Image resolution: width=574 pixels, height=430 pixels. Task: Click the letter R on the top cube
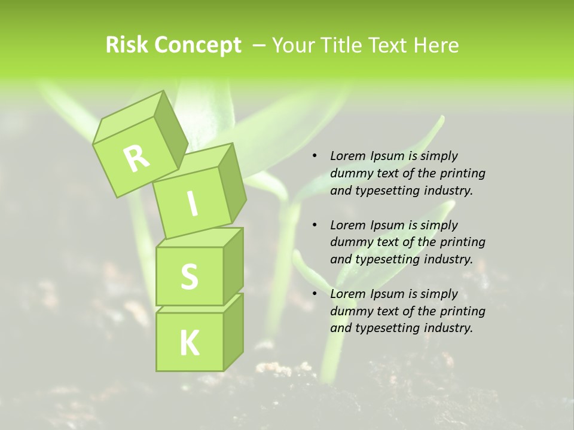point(136,158)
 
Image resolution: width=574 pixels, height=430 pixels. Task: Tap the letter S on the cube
point(189,277)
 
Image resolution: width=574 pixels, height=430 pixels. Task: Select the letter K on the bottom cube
point(189,343)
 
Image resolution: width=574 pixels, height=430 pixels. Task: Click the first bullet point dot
point(314,156)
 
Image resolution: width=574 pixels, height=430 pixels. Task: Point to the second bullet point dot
point(314,225)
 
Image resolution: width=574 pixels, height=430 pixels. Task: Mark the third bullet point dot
point(314,294)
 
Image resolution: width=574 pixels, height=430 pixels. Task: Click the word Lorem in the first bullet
point(347,156)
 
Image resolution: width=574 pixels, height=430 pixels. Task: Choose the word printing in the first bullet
point(462,173)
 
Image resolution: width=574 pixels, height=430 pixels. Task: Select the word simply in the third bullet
point(439,293)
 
